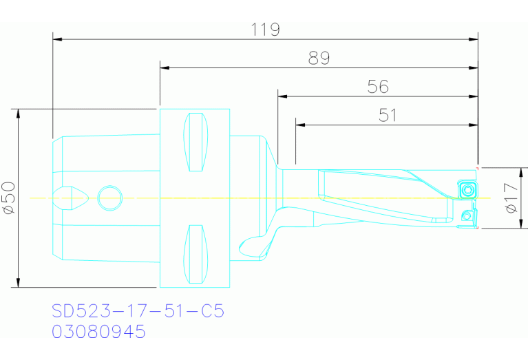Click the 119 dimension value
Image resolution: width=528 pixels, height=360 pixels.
coord(265,30)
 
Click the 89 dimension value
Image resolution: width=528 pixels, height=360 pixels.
coord(319,59)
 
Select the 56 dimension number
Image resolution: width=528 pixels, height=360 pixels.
coord(378,87)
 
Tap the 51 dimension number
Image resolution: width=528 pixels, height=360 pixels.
coord(387,115)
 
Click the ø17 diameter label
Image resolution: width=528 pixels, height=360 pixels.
coord(511,198)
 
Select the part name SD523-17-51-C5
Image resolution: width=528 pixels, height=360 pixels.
coord(138,312)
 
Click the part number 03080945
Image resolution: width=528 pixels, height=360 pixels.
coord(99,332)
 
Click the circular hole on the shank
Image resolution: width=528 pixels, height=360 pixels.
coord(109,198)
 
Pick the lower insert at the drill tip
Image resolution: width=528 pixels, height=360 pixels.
coord(467,218)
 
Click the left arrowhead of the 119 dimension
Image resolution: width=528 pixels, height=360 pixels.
coord(57,39)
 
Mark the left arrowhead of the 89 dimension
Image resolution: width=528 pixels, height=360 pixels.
coord(164,68)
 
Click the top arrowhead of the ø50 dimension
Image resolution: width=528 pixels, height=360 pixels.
coord(18,113)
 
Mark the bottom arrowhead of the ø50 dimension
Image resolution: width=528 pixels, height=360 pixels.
coord(18,283)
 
